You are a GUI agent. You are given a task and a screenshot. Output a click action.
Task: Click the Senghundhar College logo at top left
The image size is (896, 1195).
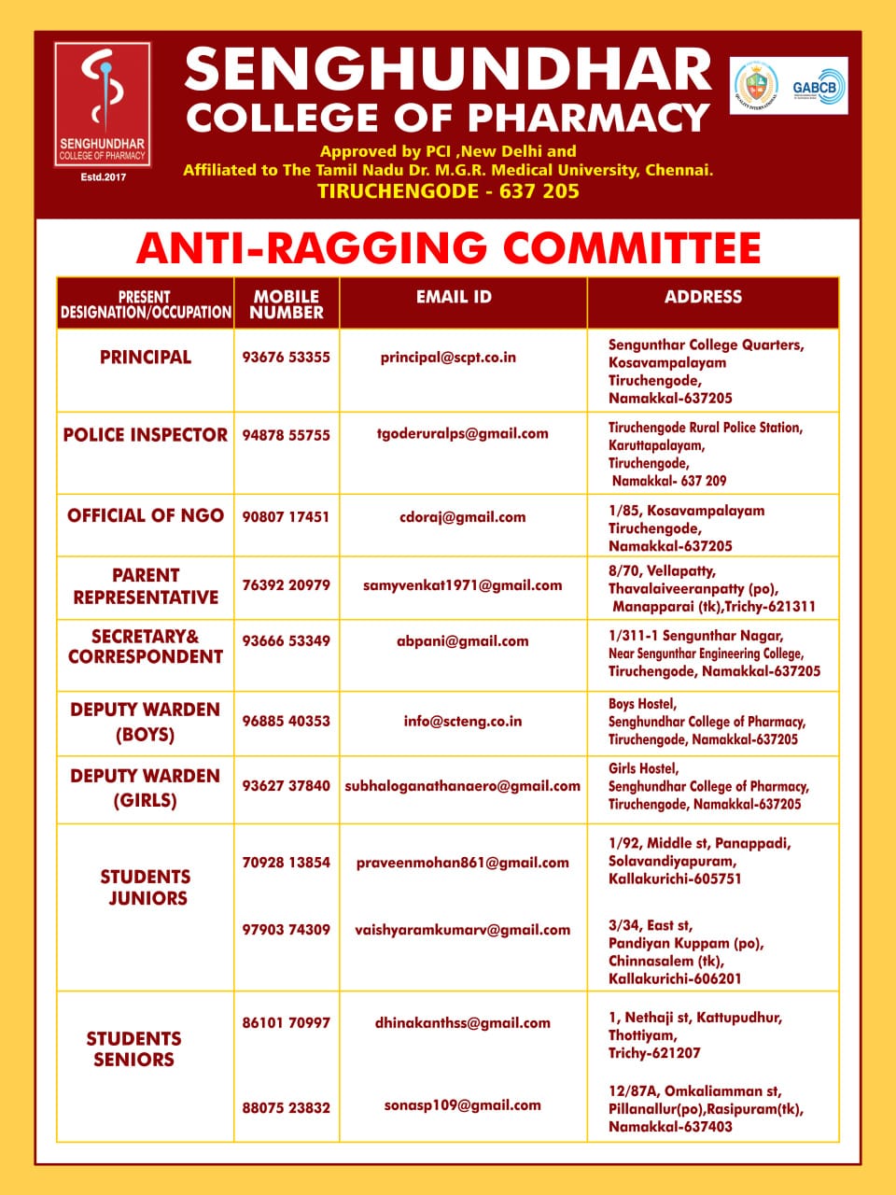(102, 105)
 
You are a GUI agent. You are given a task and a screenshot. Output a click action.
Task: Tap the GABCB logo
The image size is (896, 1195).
(818, 87)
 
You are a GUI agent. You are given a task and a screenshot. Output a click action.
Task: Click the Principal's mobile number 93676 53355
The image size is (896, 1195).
(286, 358)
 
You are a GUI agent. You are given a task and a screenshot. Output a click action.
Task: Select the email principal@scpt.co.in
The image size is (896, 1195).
(448, 358)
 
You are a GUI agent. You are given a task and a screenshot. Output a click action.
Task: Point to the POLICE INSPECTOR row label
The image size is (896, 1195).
(145, 435)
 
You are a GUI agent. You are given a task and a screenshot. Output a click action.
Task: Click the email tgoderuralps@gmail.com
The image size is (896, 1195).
(462, 433)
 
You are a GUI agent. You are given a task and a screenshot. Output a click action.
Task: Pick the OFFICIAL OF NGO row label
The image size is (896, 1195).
(145, 515)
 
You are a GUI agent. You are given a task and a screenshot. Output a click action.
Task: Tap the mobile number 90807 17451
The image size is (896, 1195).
(286, 516)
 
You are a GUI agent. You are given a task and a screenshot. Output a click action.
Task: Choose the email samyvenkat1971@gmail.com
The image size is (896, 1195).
(462, 585)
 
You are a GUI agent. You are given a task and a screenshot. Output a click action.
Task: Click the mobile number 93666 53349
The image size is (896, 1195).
(286, 641)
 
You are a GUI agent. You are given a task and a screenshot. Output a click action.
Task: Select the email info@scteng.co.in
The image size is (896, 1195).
(462, 721)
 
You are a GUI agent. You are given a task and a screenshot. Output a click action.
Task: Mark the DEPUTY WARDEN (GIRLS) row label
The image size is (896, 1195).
(145, 788)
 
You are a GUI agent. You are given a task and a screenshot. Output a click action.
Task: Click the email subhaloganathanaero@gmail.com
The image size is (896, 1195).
(462, 786)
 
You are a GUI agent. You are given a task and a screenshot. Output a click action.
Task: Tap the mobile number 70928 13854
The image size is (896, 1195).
(286, 863)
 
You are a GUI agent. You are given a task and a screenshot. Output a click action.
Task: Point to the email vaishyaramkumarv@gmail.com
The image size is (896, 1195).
(462, 930)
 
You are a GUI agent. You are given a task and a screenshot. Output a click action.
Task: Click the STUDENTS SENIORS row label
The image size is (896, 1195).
(133, 1048)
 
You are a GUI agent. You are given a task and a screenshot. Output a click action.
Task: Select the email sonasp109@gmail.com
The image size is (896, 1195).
(462, 1105)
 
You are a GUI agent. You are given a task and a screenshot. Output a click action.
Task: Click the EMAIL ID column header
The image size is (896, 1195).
(454, 297)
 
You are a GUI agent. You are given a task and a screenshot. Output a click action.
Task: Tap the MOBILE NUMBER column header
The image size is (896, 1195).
(287, 304)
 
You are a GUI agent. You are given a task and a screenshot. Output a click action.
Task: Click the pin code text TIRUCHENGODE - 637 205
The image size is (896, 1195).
(448, 191)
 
